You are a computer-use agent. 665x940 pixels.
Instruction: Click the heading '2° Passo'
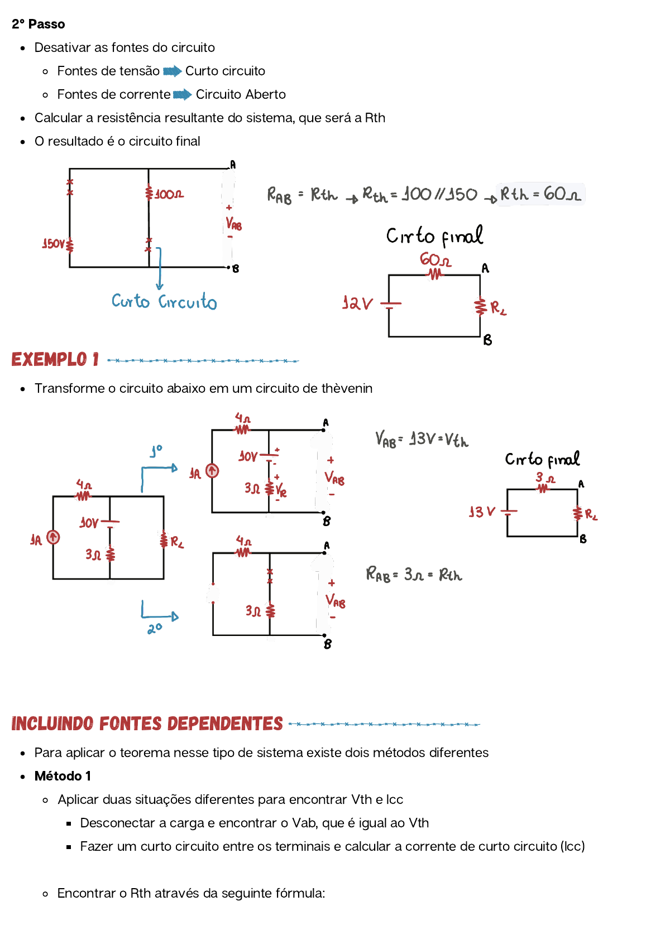tap(38, 25)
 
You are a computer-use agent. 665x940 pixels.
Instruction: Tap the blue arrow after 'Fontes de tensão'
tap(172, 71)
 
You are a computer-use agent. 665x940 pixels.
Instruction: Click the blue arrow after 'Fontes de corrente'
tap(183, 95)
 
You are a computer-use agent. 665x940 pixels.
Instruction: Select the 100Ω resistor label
tap(169, 194)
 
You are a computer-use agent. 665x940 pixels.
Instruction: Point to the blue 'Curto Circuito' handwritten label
tap(164, 301)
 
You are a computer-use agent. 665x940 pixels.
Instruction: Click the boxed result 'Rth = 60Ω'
tap(540, 194)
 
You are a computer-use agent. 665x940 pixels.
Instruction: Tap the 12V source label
tap(357, 303)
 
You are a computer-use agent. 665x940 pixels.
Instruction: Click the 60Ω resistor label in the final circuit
tap(436, 260)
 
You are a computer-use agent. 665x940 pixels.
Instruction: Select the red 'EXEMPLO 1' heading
tap(55, 360)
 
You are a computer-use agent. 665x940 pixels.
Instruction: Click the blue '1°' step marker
tap(156, 451)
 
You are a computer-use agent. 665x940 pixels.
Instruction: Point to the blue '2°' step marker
tap(155, 629)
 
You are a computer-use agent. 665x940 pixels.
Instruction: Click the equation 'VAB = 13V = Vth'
tap(422, 440)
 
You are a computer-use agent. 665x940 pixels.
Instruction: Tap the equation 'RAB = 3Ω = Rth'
tap(414, 574)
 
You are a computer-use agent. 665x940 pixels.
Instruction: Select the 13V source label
tap(482, 512)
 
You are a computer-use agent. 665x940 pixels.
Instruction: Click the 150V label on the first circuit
tap(54, 244)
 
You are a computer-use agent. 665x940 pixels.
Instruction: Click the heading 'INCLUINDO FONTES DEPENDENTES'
tap(147, 724)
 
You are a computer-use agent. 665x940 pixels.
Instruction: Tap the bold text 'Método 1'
tap(63, 777)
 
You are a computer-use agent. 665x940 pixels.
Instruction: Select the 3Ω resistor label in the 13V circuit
tap(545, 478)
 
